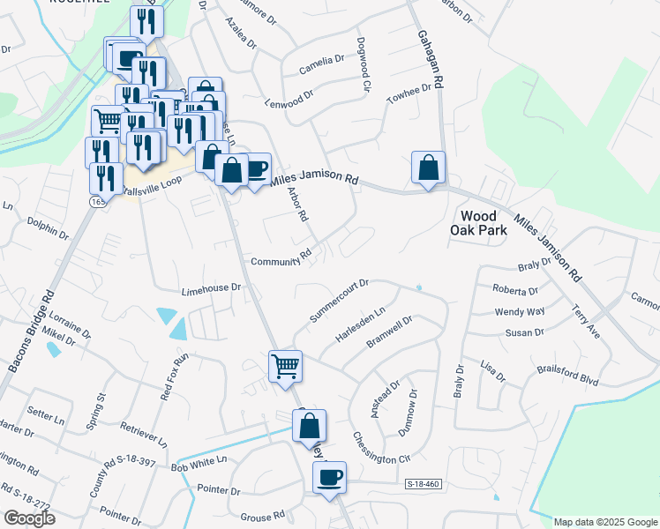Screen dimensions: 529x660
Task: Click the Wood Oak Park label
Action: [484, 223]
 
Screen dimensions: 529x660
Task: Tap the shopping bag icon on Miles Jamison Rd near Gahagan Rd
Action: [428, 168]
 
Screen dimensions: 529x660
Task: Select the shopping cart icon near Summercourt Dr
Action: [285, 365]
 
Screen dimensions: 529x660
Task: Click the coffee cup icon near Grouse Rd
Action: [330, 478]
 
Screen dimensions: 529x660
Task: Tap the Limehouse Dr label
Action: [211, 288]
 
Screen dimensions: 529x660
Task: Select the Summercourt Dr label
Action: [338, 301]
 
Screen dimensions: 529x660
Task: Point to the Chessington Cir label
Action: [382, 447]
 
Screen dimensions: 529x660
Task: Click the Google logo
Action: [28, 518]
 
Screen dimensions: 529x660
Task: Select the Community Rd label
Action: [281, 258]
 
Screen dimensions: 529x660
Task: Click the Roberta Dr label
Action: [515, 291]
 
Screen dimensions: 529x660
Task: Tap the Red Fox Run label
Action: [175, 377]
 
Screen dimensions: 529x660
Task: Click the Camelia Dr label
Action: [321, 60]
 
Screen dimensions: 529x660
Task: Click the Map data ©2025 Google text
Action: [604, 522]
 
